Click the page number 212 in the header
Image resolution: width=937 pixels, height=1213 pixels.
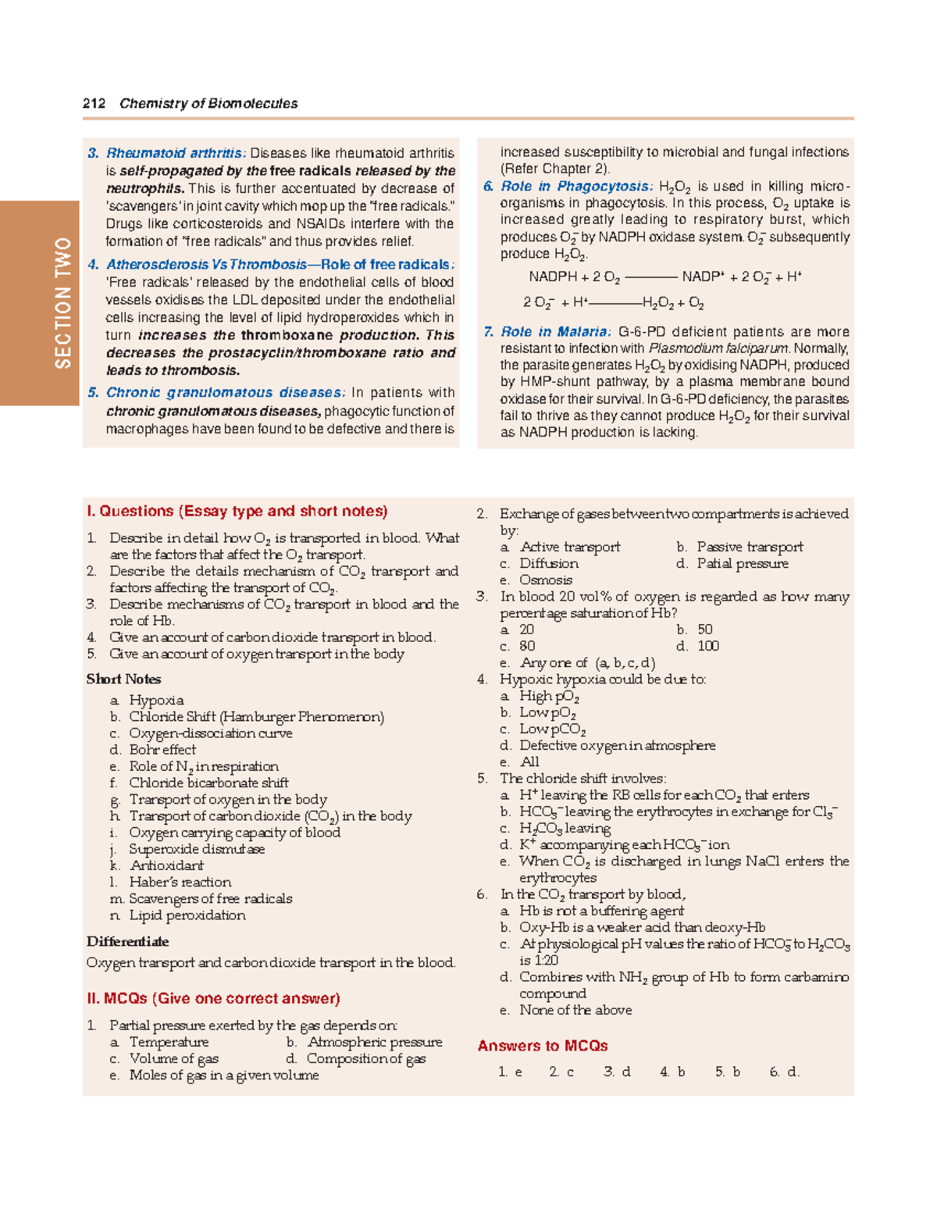(94, 103)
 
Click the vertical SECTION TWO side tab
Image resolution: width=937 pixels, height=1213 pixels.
(62, 303)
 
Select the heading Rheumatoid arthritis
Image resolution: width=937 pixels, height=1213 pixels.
(176, 153)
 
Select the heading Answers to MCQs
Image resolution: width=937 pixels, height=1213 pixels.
(543, 1046)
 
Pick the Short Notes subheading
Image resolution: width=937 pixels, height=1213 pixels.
(123, 680)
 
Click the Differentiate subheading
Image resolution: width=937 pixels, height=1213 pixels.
(127, 942)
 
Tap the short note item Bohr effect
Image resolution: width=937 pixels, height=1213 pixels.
(162, 750)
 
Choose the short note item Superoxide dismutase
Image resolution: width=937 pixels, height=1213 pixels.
(197, 849)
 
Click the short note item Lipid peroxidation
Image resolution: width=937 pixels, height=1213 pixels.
(187, 915)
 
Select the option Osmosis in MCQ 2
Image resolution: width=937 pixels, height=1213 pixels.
(546, 580)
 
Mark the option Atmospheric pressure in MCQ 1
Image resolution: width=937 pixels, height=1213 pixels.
(375, 1043)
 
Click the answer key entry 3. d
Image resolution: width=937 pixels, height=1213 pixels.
(617, 1072)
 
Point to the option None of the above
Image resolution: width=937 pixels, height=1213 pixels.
(575, 1010)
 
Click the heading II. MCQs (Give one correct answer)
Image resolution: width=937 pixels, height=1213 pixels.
(213, 999)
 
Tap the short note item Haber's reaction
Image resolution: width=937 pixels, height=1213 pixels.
(180, 883)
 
